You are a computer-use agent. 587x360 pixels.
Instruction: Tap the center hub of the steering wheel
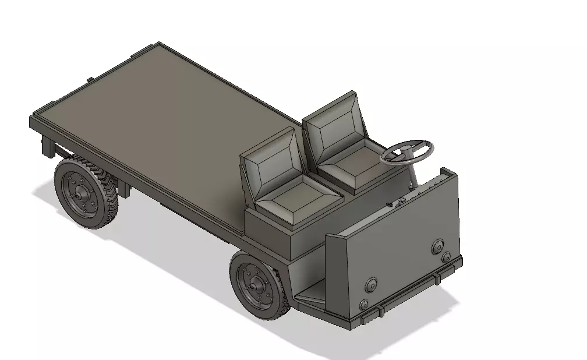[x=405, y=153]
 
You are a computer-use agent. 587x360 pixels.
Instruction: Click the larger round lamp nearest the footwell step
[x=370, y=285]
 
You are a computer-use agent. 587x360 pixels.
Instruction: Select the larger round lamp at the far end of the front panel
[x=437, y=246]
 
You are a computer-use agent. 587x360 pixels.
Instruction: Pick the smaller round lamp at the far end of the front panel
[x=446, y=257]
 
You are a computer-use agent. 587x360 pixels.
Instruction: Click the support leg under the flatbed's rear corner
[x=47, y=146]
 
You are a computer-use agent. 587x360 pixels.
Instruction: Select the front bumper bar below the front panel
[x=408, y=294]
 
